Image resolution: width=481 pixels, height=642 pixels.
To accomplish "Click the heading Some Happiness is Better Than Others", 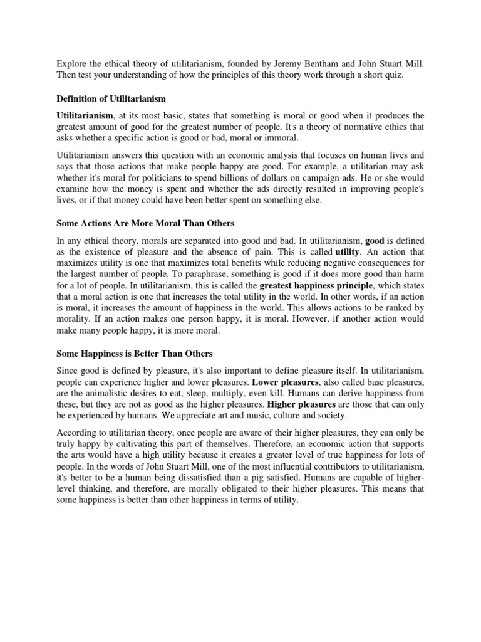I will click(135, 354).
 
